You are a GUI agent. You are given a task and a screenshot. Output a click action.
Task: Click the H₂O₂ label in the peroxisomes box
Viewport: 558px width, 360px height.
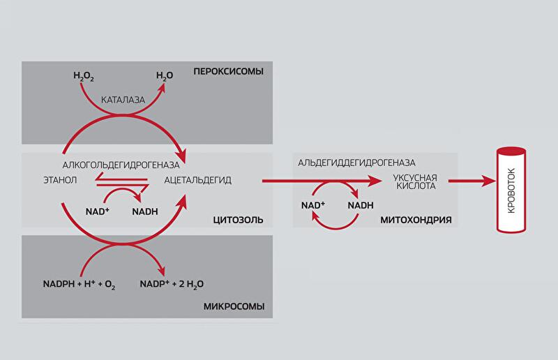84,75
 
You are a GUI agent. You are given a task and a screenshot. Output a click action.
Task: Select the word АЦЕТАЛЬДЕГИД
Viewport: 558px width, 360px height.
198,180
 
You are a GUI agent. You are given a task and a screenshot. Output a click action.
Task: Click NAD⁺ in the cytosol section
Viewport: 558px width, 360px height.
97,209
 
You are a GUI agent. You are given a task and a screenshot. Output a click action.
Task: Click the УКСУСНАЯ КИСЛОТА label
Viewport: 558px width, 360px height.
414,181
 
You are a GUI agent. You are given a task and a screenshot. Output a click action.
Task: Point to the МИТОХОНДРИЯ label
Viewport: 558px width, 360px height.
416,220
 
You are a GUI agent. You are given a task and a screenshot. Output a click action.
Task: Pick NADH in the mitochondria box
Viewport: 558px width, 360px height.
361,205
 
